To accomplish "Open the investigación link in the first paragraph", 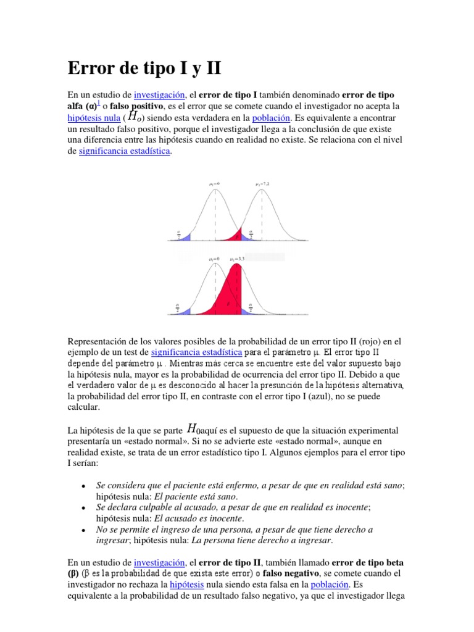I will tap(160, 94).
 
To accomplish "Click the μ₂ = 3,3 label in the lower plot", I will tap(237, 259).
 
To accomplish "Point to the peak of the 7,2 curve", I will tap(263, 190).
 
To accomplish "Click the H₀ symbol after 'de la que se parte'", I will tap(193, 429).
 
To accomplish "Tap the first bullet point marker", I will tap(83, 488).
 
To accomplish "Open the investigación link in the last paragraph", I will tap(160, 563).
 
